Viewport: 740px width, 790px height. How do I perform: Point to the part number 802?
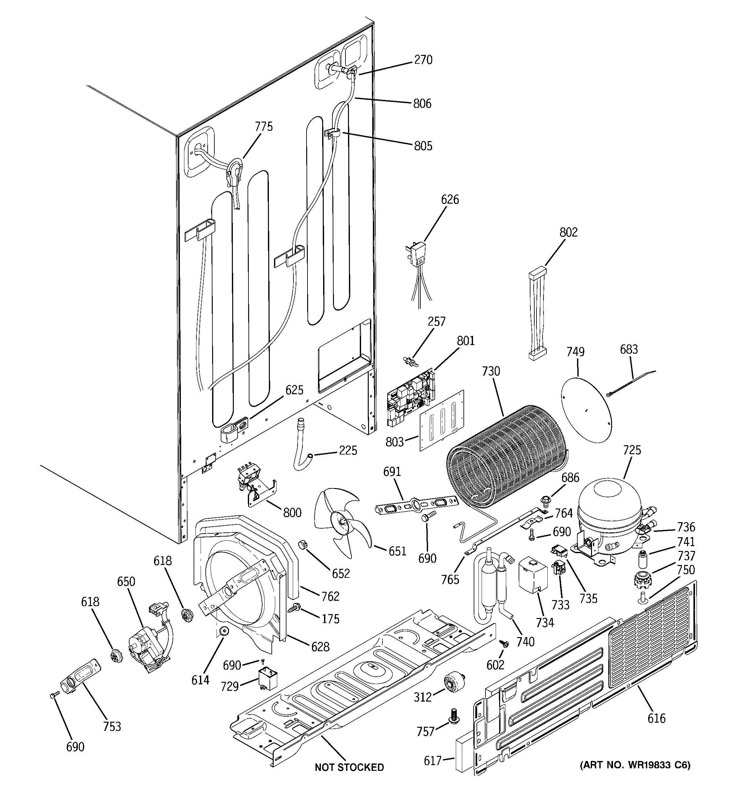(568, 232)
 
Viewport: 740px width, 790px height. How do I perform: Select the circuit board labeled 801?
(411, 397)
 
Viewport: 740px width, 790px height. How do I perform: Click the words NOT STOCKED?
(349, 767)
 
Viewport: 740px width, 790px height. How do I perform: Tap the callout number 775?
(264, 127)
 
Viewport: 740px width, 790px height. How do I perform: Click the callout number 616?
(656, 719)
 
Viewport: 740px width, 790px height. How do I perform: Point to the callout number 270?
(423, 60)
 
